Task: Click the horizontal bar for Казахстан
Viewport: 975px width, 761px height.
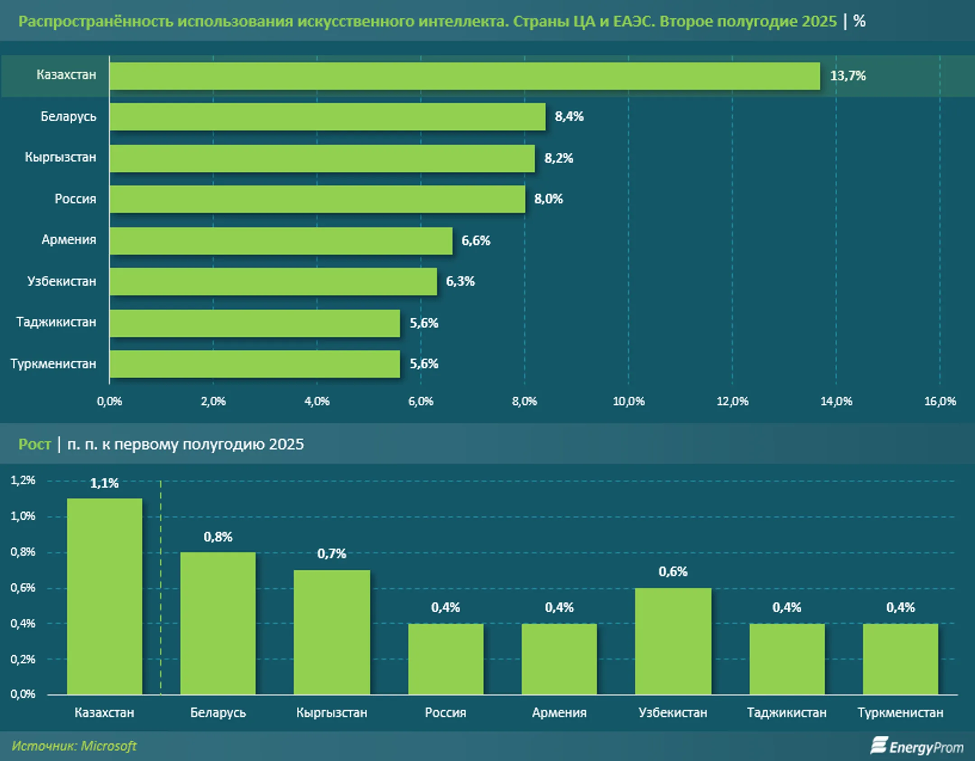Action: pos(464,76)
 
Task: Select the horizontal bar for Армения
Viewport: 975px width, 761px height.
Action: pos(281,241)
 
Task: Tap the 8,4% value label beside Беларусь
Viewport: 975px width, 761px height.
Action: pos(569,117)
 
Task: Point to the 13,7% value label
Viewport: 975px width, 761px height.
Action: pos(847,76)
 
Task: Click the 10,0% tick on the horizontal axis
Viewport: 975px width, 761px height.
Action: pos(628,401)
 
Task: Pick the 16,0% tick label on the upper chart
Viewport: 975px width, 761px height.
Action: pos(940,401)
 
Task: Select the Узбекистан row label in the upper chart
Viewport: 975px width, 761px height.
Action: pos(62,282)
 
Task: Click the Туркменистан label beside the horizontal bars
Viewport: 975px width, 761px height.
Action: pos(53,364)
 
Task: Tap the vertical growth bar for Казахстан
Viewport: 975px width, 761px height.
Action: pos(104,597)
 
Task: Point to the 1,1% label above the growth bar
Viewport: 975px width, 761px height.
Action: pos(104,484)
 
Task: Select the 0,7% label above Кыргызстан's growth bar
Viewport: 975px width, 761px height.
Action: pos(331,554)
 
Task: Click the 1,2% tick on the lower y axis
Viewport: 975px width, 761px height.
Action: pos(23,480)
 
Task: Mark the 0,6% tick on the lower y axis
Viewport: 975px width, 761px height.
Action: pos(23,588)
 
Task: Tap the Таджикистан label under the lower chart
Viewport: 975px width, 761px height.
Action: pos(786,713)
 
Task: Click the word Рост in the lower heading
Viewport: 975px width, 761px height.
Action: pos(34,445)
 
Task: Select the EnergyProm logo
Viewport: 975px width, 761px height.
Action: pos(917,747)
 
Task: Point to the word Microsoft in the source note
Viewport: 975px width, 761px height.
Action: pos(109,746)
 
